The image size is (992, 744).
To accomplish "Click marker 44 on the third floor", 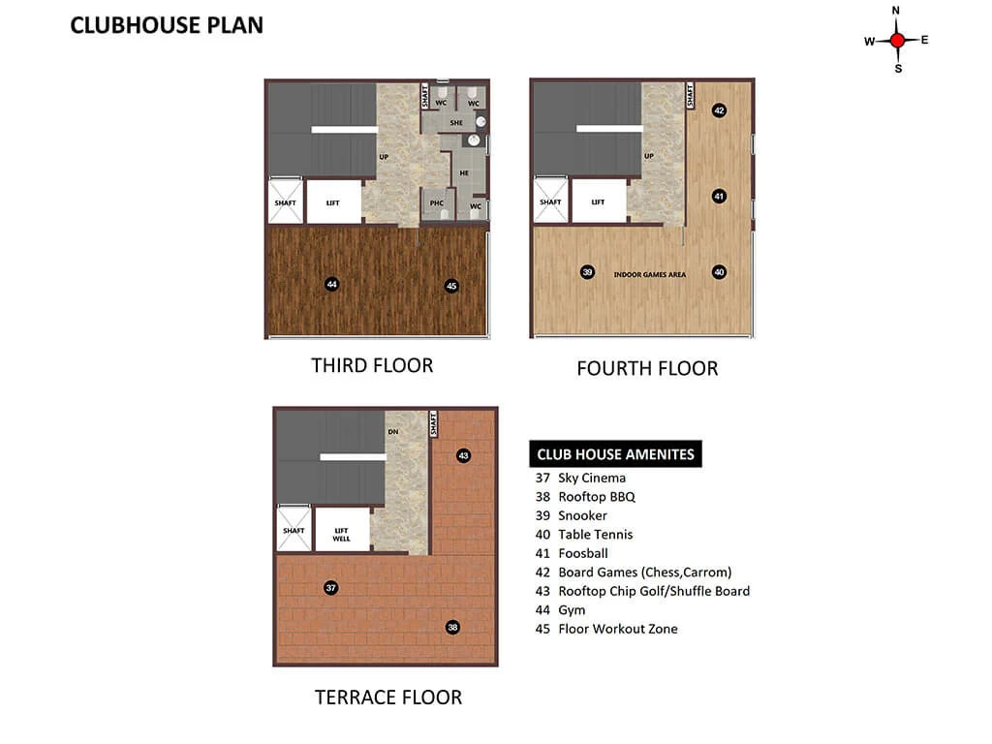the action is (x=331, y=284).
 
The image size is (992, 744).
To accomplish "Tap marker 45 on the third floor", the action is (x=451, y=286).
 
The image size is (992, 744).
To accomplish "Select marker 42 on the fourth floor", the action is (x=719, y=110).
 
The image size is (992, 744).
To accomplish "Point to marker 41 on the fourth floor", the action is (x=719, y=196).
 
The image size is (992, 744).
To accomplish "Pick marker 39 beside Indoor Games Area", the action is (x=587, y=272).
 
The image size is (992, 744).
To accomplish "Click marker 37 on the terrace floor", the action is (x=331, y=588).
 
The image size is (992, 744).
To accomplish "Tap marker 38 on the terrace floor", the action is (x=452, y=627).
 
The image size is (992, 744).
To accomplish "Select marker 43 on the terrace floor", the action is (x=464, y=455).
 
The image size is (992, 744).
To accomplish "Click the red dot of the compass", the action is (x=896, y=41).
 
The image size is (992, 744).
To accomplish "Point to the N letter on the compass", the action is (x=896, y=11).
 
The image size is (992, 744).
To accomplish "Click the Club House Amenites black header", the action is (x=615, y=453).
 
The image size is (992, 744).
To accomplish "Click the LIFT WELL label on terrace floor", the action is (x=341, y=535).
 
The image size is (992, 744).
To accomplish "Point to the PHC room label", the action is (x=437, y=203).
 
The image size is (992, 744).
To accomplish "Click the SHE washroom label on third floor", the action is (x=456, y=123).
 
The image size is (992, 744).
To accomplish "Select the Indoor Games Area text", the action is (x=650, y=274).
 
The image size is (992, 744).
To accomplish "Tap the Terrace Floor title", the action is (x=388, y=697).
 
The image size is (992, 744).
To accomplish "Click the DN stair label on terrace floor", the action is (x=393, y=431).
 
